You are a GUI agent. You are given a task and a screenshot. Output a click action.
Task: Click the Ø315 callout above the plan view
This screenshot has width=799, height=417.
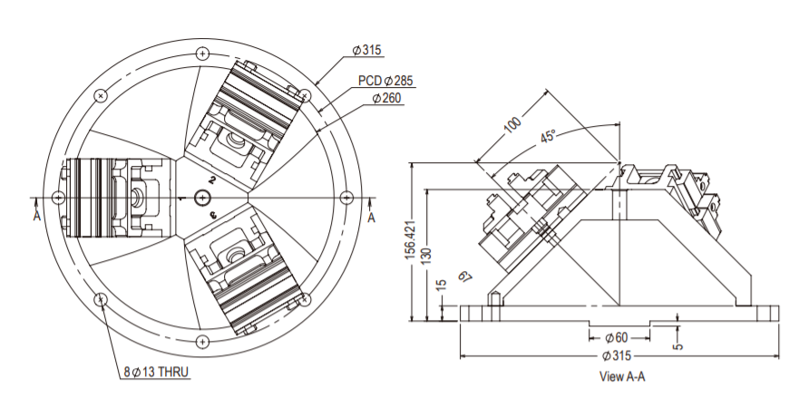click(369, 49)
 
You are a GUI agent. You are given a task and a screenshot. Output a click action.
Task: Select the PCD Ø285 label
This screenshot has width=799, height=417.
click(385, 81)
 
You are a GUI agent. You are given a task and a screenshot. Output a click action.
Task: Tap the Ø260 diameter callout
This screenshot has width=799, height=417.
click(388, 99)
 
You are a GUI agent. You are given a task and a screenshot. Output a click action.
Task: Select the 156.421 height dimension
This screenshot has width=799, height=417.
click(409, 243)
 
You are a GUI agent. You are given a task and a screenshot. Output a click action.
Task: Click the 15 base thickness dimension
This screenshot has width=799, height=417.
click(442, 285)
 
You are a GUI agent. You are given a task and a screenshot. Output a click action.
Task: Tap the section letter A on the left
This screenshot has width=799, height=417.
click(36, 218)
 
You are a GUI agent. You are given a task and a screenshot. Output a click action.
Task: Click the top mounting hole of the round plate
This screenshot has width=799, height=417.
click(201, 53)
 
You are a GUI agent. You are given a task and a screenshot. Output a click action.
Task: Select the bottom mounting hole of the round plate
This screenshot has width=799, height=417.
click(201, 341)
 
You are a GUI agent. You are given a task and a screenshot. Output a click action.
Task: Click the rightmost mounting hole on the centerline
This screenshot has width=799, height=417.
click(345, 197)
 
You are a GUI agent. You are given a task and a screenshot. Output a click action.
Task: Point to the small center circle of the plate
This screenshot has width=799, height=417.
click(201, 197)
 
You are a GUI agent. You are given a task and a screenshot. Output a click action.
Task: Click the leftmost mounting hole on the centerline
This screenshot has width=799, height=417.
click(58, 197)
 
